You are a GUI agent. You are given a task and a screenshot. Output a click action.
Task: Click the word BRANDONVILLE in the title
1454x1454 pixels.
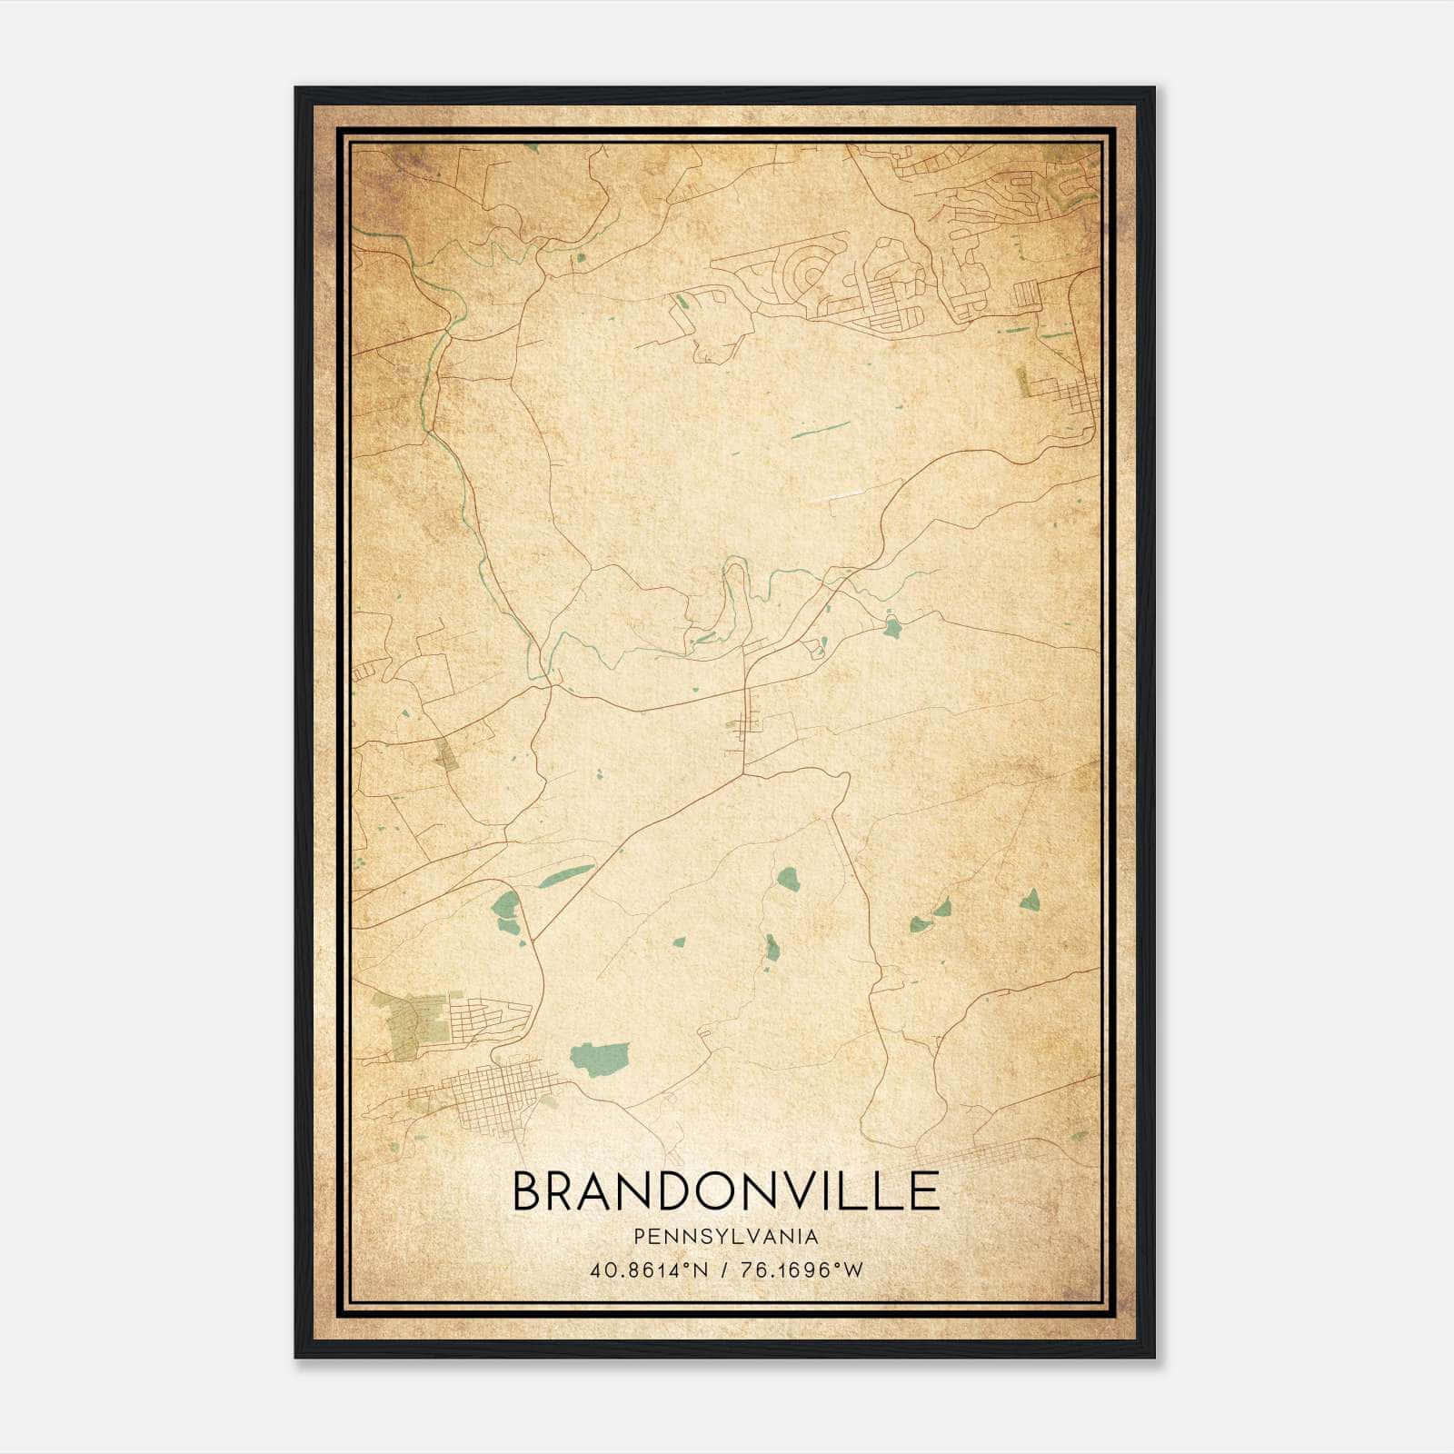[726, 1190]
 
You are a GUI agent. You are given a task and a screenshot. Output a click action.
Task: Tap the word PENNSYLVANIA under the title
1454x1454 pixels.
[726, 1237]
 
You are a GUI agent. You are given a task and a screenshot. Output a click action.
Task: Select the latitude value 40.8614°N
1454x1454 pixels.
[649, 1270]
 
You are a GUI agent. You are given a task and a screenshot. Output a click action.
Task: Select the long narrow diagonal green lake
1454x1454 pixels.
[564, 876]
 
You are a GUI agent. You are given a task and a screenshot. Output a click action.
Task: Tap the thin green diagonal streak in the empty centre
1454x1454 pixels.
[821, 429]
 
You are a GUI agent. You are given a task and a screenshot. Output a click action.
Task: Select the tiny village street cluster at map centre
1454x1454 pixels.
[748, 724]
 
